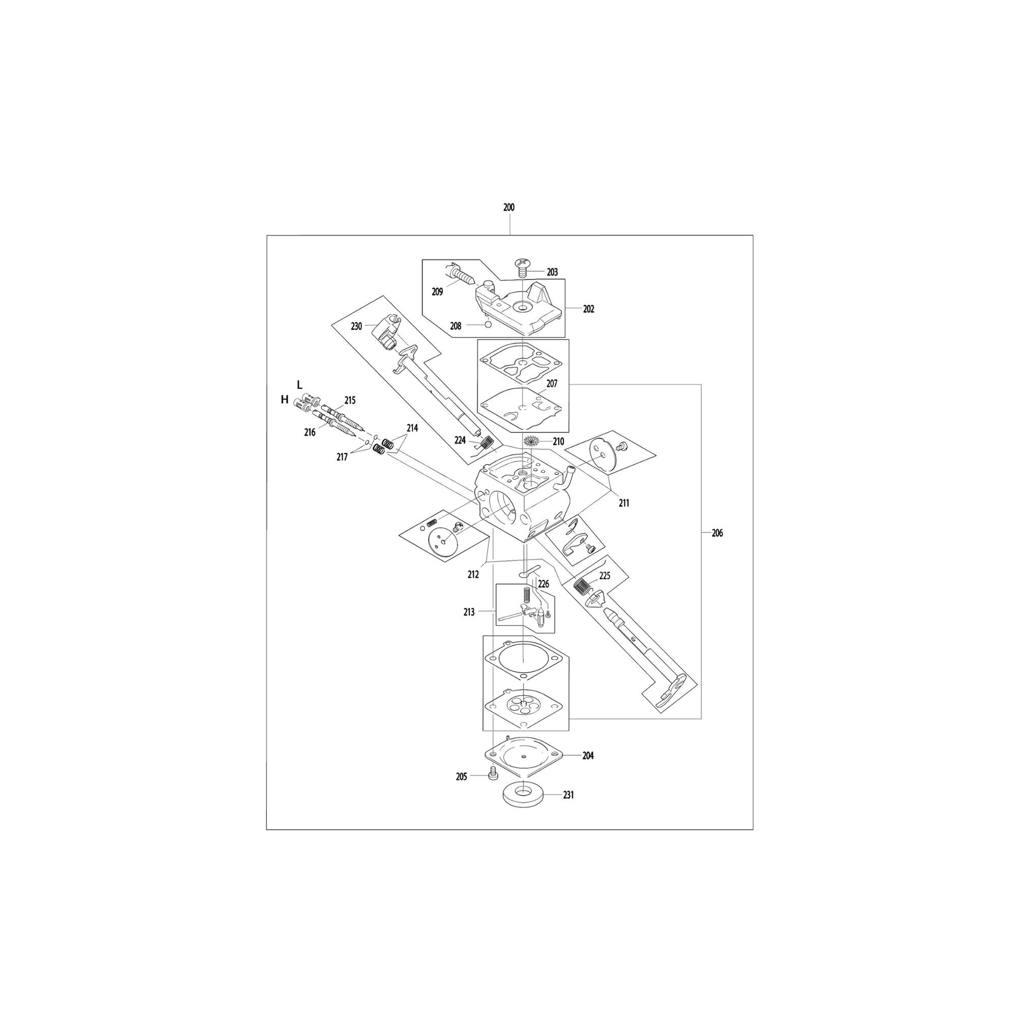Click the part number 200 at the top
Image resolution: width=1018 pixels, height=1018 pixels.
coord(508,208)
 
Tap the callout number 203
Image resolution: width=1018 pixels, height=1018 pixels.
coord(552,272)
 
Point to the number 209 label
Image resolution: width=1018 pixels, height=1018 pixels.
coord(437,291)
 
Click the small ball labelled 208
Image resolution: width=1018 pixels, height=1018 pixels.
coord(488,325)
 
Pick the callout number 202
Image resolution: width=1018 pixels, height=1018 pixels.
coord(588,309)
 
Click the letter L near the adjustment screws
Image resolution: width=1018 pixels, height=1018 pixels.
coord(300,384)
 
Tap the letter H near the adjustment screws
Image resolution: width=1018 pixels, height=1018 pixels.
coord(285,400)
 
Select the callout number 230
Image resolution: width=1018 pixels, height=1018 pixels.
coord(357,327)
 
